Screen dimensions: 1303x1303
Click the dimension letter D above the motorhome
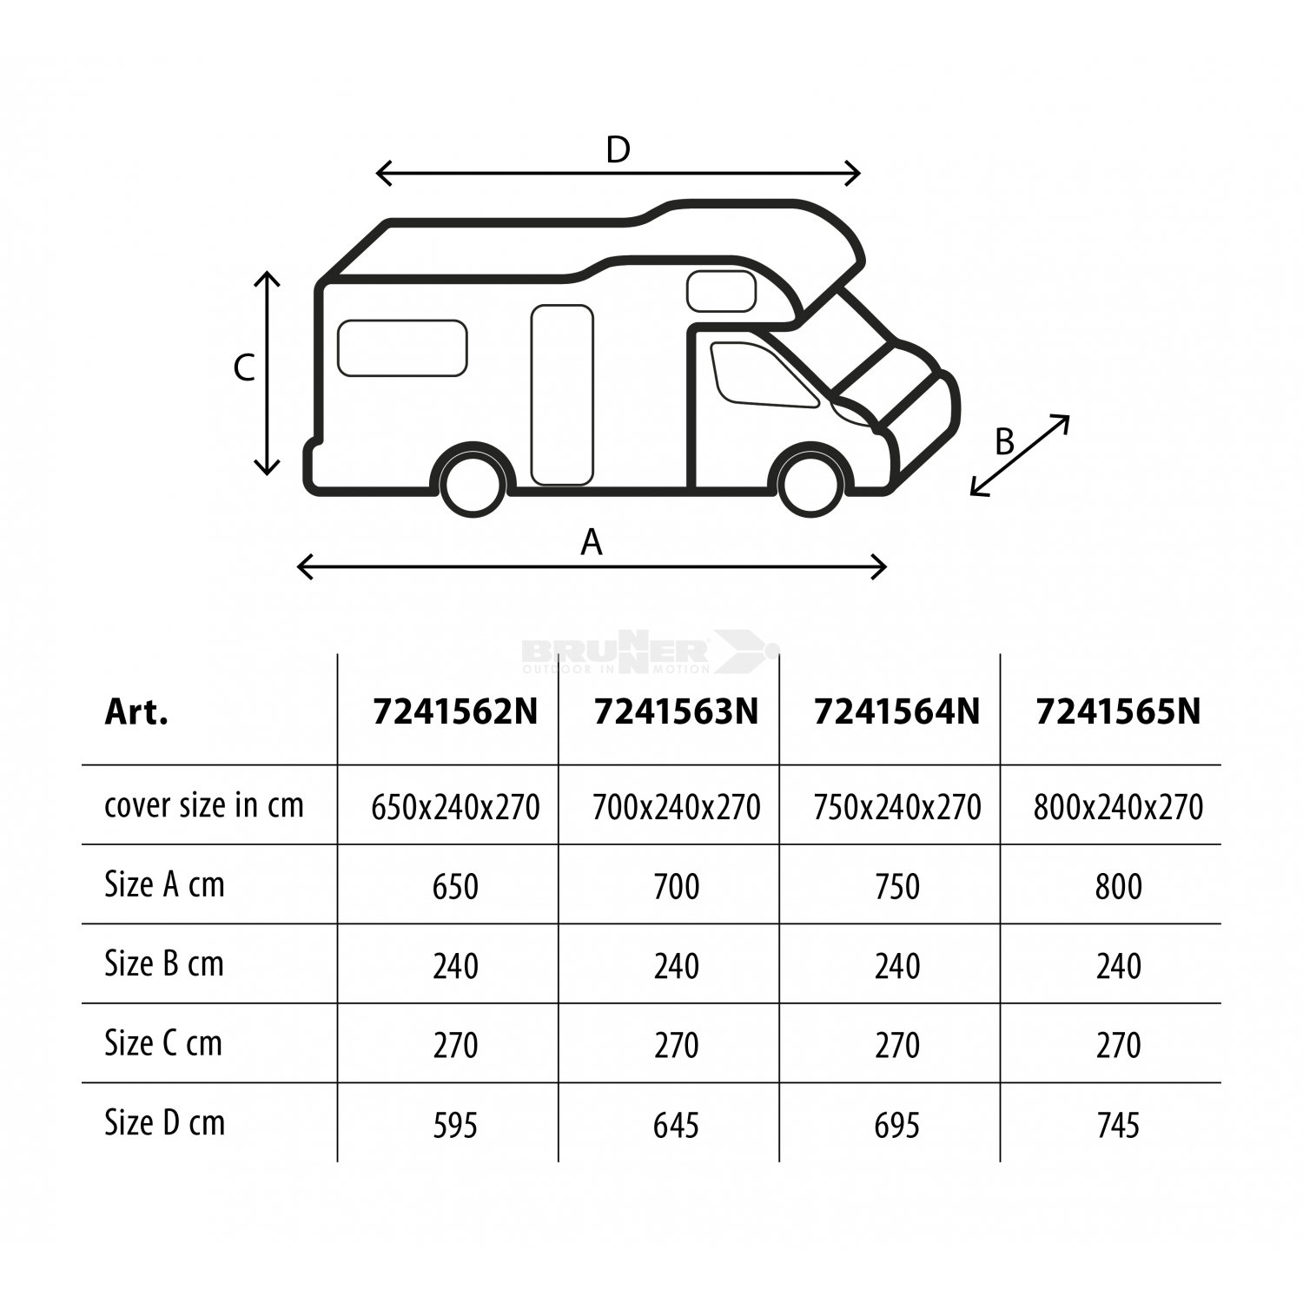click(618, 150)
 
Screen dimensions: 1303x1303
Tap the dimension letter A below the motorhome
click(592, 542)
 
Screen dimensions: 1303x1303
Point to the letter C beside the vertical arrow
click(244, 368)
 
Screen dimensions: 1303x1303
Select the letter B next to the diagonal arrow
click(1004, 442)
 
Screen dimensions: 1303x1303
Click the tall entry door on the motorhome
click(562, 395)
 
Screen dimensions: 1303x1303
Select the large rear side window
click(402, 348)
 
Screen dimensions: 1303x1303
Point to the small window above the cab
click(721, 291)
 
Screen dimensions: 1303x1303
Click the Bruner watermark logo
click(650, 651)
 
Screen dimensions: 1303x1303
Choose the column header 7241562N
click(455, 711)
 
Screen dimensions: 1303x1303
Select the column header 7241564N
click(896, 711)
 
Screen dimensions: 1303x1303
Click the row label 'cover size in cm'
click(204, 805)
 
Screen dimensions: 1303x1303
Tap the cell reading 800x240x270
click(1118, 807)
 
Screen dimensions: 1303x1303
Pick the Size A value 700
click(676, 887)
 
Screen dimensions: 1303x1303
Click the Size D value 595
click(455, 1125)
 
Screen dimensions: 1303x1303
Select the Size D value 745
click(1118, 1125)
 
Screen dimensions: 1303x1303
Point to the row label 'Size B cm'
click(164, 963)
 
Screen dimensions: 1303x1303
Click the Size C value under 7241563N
click(676, 1045)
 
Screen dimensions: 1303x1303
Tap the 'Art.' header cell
click(136, 711)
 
